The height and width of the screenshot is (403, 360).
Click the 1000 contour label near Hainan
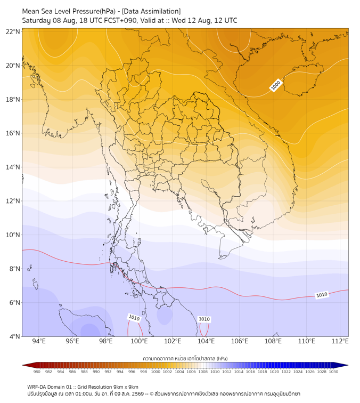[x=276, y=85]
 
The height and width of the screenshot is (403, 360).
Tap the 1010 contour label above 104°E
[x=204, y=319]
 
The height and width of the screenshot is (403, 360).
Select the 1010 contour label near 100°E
[x=134, y=318]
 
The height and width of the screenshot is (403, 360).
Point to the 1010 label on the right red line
[x=322, y=295]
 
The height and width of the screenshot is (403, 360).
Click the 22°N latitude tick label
[x=13, y=31]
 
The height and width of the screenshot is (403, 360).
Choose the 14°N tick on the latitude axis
[x=13, y=167]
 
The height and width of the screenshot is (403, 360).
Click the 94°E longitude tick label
[x=39, y=341]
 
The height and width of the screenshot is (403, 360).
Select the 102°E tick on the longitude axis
[x=173, y=341]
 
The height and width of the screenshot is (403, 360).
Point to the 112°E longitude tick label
[x=340, y=341]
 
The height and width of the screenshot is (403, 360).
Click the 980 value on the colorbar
[x=37, y=372]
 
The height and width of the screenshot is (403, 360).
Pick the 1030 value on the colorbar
[x=333, y=372]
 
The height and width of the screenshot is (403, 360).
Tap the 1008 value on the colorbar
[x=203, y=372]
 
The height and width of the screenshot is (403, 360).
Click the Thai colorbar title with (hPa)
[x=185, y=358]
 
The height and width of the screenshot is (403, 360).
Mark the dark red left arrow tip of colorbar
[x=22, y=365]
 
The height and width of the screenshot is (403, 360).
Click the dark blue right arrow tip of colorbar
[x=348, y=365]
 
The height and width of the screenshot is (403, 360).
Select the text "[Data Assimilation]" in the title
[x=151, y=11]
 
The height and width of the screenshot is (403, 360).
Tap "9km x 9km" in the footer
[x=126, y=387]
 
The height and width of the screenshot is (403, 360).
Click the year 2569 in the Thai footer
[x=138, y=394]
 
